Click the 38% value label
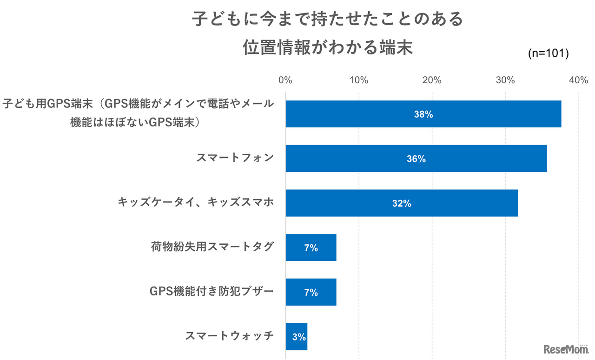click(423, 114)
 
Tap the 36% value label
click(416, 159)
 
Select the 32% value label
click(401, 203)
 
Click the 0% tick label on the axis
click(285, 80)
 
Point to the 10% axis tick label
click(358, 80)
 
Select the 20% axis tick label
click(432, 80)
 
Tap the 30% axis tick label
click(505, 80)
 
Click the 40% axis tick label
click(578, 80)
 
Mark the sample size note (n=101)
click(549, 54)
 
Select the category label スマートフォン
click(235, 158)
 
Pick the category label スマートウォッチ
click(229, 336)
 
